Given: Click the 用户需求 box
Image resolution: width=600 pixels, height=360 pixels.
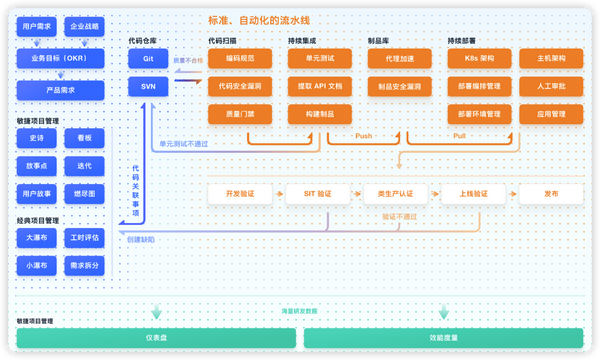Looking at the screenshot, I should (37, 27).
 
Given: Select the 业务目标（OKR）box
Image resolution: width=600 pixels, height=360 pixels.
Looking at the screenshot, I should (60, 59).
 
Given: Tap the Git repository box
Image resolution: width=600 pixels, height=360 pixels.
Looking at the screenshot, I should (147, 59).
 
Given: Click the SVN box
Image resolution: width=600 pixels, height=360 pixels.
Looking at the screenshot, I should (147, 87).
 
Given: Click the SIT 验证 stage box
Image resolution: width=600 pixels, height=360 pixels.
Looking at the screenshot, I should (317, 193).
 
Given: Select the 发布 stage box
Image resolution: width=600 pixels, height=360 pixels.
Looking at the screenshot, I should (551, 193).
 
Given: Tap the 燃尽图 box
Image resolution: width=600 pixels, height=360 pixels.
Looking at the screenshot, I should (83, 193).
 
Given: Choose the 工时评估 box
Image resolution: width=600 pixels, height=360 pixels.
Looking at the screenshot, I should (83, 238).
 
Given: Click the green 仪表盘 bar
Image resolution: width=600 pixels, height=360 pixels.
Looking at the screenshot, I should (156, 338).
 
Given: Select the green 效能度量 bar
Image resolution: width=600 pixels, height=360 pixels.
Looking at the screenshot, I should (443, 338).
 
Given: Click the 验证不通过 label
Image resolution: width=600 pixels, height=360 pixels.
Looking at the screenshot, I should (397, 216).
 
